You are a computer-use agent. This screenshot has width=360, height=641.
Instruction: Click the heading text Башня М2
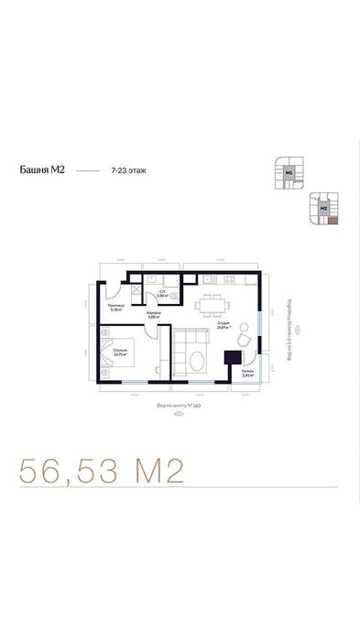pyautogui.click(x=42, y=170)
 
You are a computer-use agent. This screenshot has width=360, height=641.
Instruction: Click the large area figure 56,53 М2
pyautogui.click(x=102, y=471)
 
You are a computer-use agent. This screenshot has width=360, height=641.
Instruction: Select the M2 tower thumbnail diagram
pyautogui.click(x=323, y=208)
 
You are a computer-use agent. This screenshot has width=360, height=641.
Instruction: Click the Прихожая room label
pyautogui.click(x=115, y=307)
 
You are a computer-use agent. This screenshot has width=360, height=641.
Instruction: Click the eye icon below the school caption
pyautogui.click(x=179, y=412)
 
